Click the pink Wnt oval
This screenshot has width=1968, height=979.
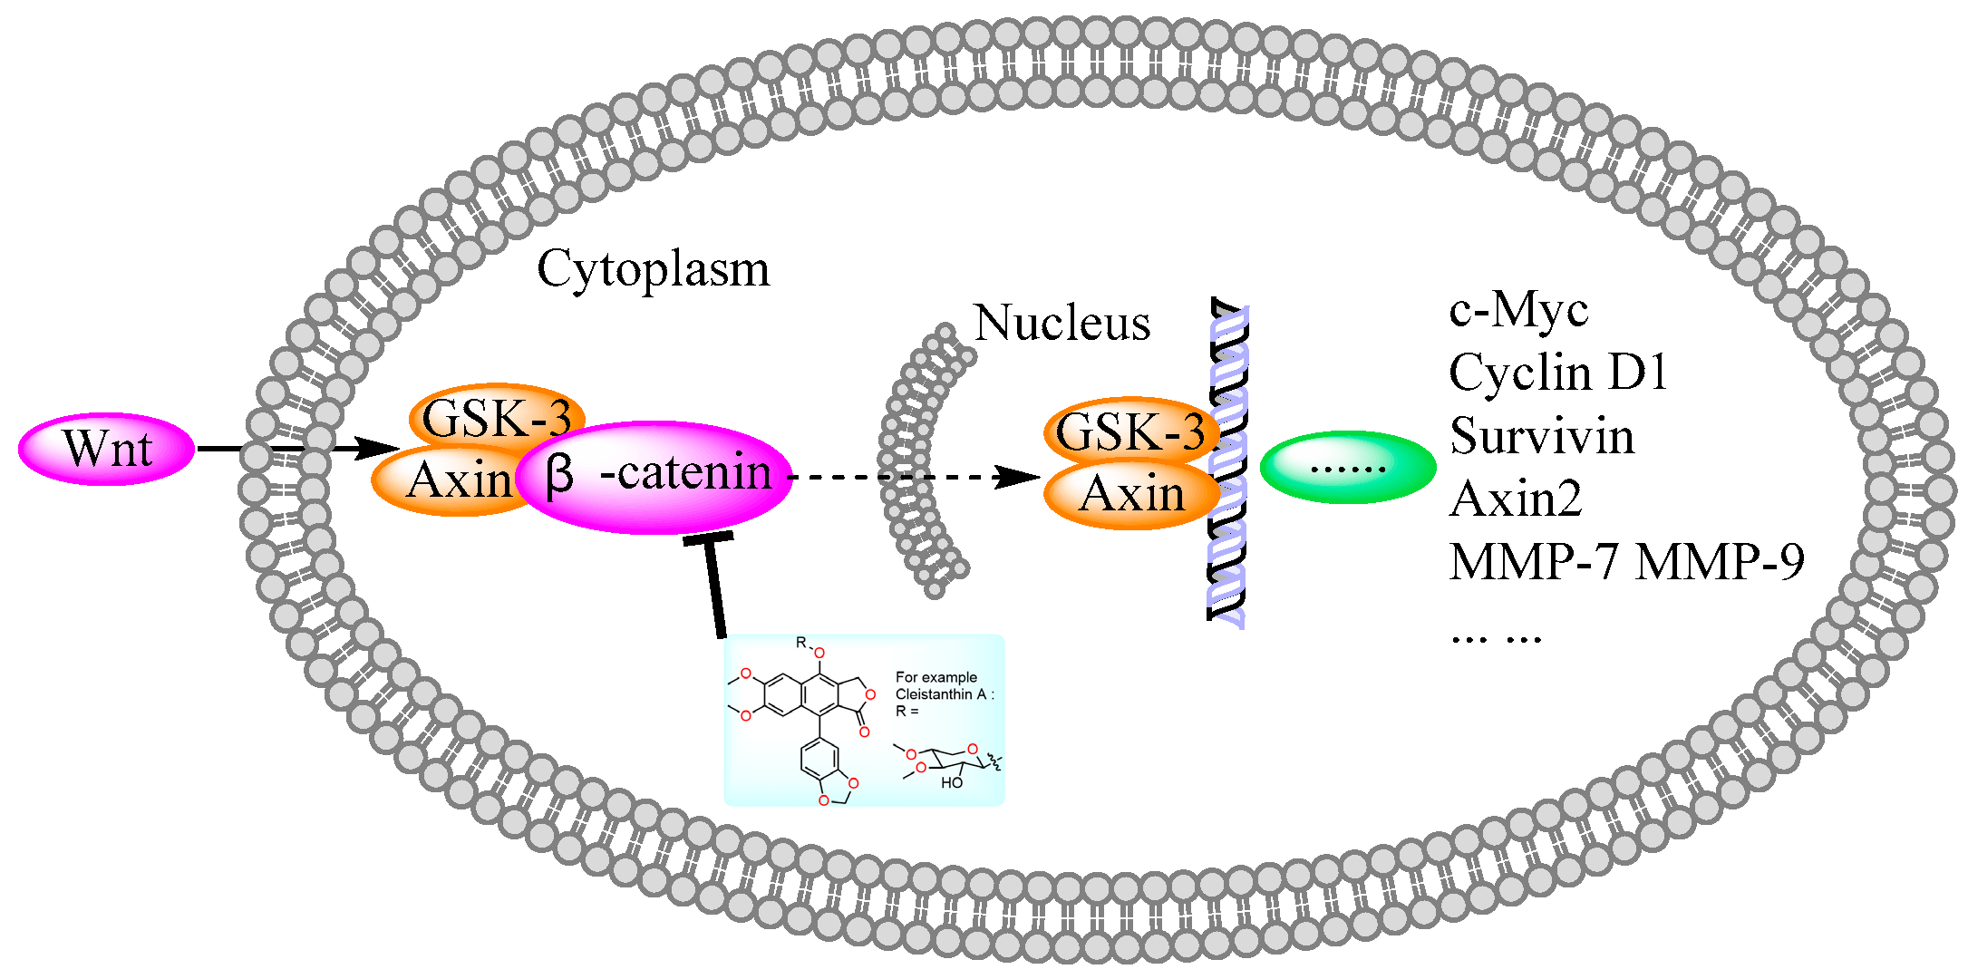pos(106,449)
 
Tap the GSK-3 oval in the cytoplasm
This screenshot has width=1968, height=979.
pos(496,416)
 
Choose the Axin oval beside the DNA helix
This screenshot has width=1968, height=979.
pos(1131,495)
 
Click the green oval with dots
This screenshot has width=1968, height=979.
pos(1347,468)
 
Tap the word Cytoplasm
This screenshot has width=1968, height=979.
pos(653,269)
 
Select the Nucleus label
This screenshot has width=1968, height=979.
pos(1062,324)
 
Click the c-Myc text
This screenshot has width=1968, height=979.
pos(1517,310)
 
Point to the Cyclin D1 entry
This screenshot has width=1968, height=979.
pos(1557,373)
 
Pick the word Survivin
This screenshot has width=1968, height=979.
pos(1542,436)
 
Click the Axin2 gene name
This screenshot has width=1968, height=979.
pos(1516,499)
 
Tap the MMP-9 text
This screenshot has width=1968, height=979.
pos(1720,562)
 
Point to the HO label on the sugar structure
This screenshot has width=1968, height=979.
pos(951,782)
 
